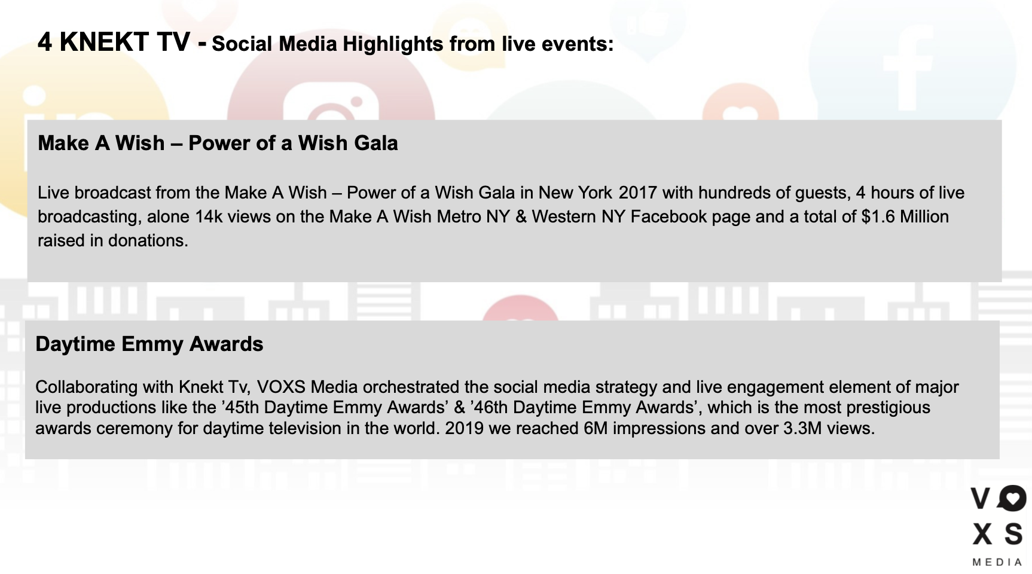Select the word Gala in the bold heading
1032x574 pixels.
pyautogui.click(x=374, y=143)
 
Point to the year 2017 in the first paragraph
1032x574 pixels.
pyautogui.click(x=638, y=193)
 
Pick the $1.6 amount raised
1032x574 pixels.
pyautogui.click(x=878, y=216)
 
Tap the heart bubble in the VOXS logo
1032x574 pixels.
pyautogui.click(x=1012, y=498)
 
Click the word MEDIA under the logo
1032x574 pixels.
pyautogui.click(x=997, y=562)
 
